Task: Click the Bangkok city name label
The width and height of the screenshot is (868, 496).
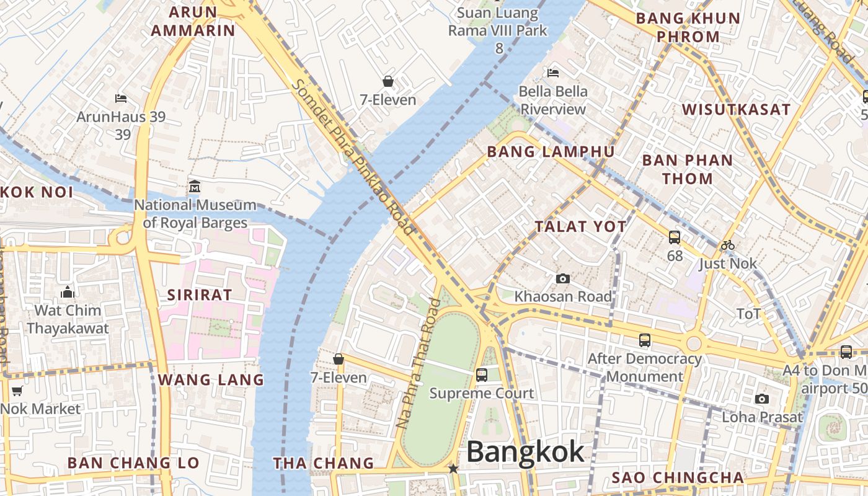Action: coord(525,451)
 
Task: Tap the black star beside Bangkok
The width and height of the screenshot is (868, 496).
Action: coord(454,469)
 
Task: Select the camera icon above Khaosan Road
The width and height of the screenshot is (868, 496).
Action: coord(563,278)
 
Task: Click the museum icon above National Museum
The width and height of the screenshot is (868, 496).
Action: coord(195,186)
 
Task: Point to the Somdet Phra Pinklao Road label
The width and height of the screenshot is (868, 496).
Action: coord(353,157)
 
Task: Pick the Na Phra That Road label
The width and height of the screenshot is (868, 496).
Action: coord(418,364)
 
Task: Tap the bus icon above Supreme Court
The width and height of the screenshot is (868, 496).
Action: coord(482,374)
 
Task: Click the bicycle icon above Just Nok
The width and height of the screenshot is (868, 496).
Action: coord(728,245)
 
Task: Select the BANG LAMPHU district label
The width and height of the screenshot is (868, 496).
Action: coord(551,152)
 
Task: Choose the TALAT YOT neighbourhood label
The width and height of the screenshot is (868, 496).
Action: coord(581,227)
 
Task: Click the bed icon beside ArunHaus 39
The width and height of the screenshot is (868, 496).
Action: coord(122,98)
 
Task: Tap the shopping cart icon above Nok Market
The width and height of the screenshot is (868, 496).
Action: coord(17,391)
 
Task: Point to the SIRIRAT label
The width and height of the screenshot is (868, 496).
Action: coord(199,295)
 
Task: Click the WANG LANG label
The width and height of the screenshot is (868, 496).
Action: coord(211,379)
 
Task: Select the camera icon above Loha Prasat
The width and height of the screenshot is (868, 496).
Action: coord(762,399)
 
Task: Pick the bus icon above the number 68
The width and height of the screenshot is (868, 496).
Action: coord(675,237)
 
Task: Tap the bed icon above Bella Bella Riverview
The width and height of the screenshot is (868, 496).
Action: coord(553,73)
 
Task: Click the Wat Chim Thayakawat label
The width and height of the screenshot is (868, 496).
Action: coord(68,319)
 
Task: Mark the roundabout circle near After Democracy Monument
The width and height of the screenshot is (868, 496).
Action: coord(694,343)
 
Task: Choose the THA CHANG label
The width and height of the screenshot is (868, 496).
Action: coord(324,463)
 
